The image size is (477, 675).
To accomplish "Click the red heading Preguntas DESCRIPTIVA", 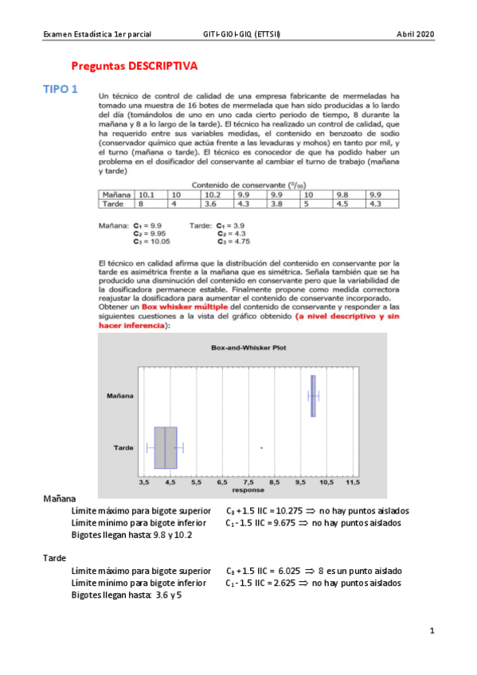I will pos(134,67).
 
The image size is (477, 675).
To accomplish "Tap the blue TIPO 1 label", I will pos(60,90).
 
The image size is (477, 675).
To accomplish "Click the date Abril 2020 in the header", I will pos(416,34).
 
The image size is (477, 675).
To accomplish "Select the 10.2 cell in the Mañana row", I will pos(211,195).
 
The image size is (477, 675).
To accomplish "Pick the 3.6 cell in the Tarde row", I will pos(211,203).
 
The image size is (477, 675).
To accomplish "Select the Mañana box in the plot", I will pos(313,396).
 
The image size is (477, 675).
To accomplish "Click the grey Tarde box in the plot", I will pos(166,447).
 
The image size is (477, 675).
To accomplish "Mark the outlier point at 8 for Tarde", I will pos(261,448).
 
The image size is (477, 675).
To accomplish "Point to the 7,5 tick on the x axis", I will pos(248,482).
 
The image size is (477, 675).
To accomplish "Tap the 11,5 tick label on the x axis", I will pos(352,482).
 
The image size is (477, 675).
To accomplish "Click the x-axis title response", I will pos(248,490).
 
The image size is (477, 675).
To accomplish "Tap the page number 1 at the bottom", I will pos(431,631).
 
